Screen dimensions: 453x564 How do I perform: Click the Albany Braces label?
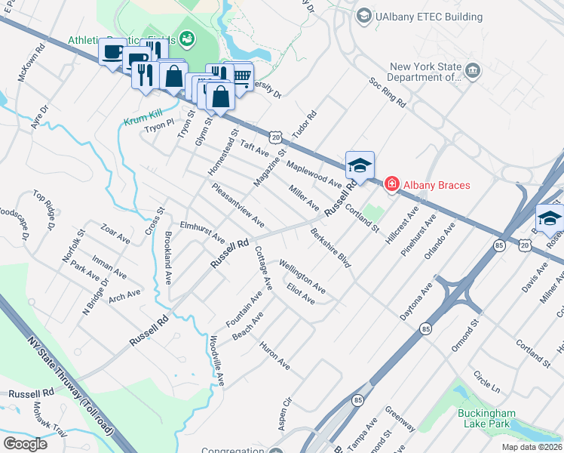tap(437, 185)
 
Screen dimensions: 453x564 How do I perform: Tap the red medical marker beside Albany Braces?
tap(391, 184)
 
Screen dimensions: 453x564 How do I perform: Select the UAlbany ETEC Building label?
tap(431, 17)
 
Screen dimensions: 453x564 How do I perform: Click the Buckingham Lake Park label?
tap(487, 418)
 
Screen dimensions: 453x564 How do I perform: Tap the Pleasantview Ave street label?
tap(238, 205)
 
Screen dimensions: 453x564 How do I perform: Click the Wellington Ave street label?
tap(302, 276)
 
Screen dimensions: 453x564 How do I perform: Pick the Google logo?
tap(25, 443)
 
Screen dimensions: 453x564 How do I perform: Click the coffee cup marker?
tap(113, 53)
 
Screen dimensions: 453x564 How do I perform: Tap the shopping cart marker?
tap(241, 75)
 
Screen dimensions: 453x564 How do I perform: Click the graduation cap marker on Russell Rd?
tap(360, 165)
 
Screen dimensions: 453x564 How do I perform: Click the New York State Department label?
tap(425, 71)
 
